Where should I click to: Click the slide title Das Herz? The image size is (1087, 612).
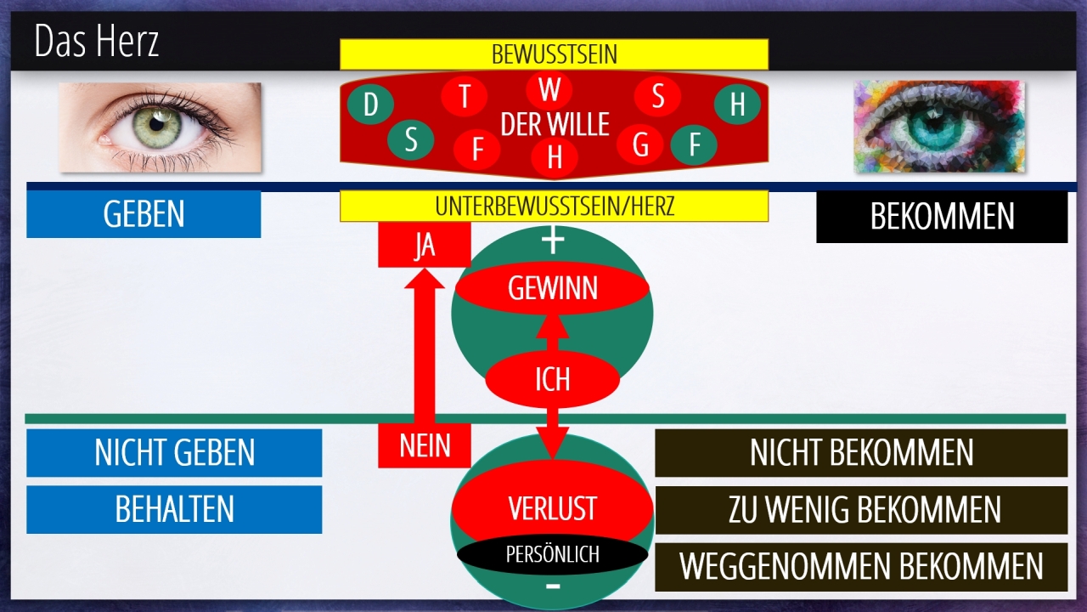pos(97,42)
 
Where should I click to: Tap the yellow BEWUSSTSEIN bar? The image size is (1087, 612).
pos(554,54)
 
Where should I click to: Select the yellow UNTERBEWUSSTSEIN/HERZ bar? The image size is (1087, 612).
pos(554,206)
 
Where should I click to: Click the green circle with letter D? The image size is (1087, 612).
pos(370,105)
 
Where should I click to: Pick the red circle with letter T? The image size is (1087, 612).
pos(465,96)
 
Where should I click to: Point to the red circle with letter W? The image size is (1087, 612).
pos(549,89)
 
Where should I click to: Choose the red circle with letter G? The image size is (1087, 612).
pos(640,145)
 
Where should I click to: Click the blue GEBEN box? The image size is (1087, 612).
pos(144,214)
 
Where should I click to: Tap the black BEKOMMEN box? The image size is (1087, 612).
pos(941,217)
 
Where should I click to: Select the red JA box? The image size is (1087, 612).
pos(424,246)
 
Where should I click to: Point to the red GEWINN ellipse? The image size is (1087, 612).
pos(552,289)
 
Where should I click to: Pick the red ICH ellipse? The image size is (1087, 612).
pos(552,379)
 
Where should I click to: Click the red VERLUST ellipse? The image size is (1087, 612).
pos(552,508)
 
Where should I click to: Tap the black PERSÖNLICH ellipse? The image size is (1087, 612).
pos(552,555)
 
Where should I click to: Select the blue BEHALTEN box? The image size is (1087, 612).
pos(174,509)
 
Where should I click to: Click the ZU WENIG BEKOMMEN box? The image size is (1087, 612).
pos(861,510)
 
